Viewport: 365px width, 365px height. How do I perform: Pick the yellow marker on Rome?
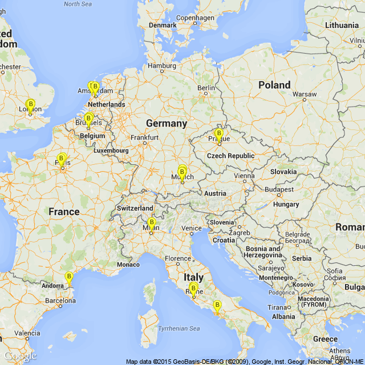click(193, 289)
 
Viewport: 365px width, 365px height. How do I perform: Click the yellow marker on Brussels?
click(88, 119)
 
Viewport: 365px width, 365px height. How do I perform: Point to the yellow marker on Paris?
click(62, 160)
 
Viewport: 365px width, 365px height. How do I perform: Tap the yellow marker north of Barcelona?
click(69, 278)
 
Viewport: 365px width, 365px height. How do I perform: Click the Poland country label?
click(274, 85)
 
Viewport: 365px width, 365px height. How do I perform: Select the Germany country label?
click(166, 123)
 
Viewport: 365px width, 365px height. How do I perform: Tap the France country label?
click(64, 212)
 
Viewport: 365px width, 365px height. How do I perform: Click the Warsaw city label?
click(304, 94)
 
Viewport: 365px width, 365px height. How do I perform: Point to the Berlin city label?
click(206, 88)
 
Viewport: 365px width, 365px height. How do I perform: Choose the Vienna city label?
click(244, 176)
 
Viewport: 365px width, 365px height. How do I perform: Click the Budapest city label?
click(278, 189)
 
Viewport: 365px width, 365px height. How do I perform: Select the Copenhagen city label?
click(195, 18)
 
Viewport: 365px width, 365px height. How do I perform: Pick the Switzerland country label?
click(135, 208)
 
